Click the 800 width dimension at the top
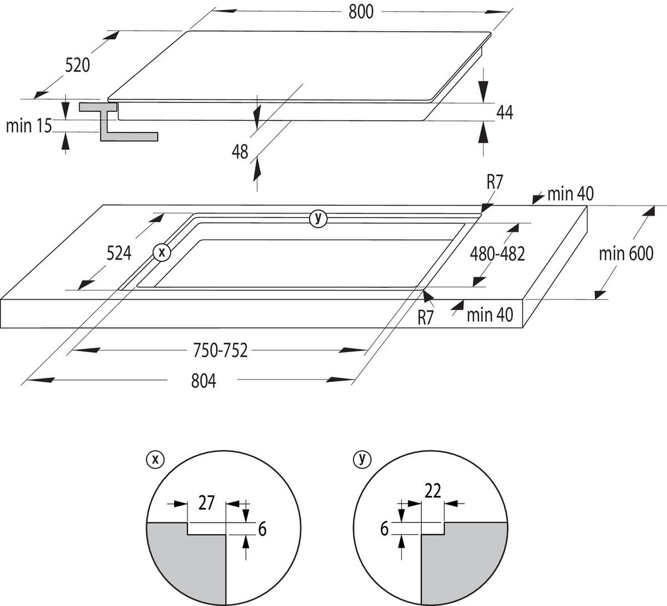361,12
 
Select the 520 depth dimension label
77,66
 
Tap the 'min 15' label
29,126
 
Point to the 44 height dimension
504,112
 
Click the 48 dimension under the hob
240,151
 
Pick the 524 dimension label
120,253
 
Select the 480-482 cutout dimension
497,254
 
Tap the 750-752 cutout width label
220,351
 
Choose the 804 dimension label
203,381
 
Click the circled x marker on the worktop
162,252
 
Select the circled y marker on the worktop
318,218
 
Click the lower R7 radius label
426,318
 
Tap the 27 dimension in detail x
206,504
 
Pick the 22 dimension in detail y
432,491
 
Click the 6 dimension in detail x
262,529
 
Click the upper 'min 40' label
570,194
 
